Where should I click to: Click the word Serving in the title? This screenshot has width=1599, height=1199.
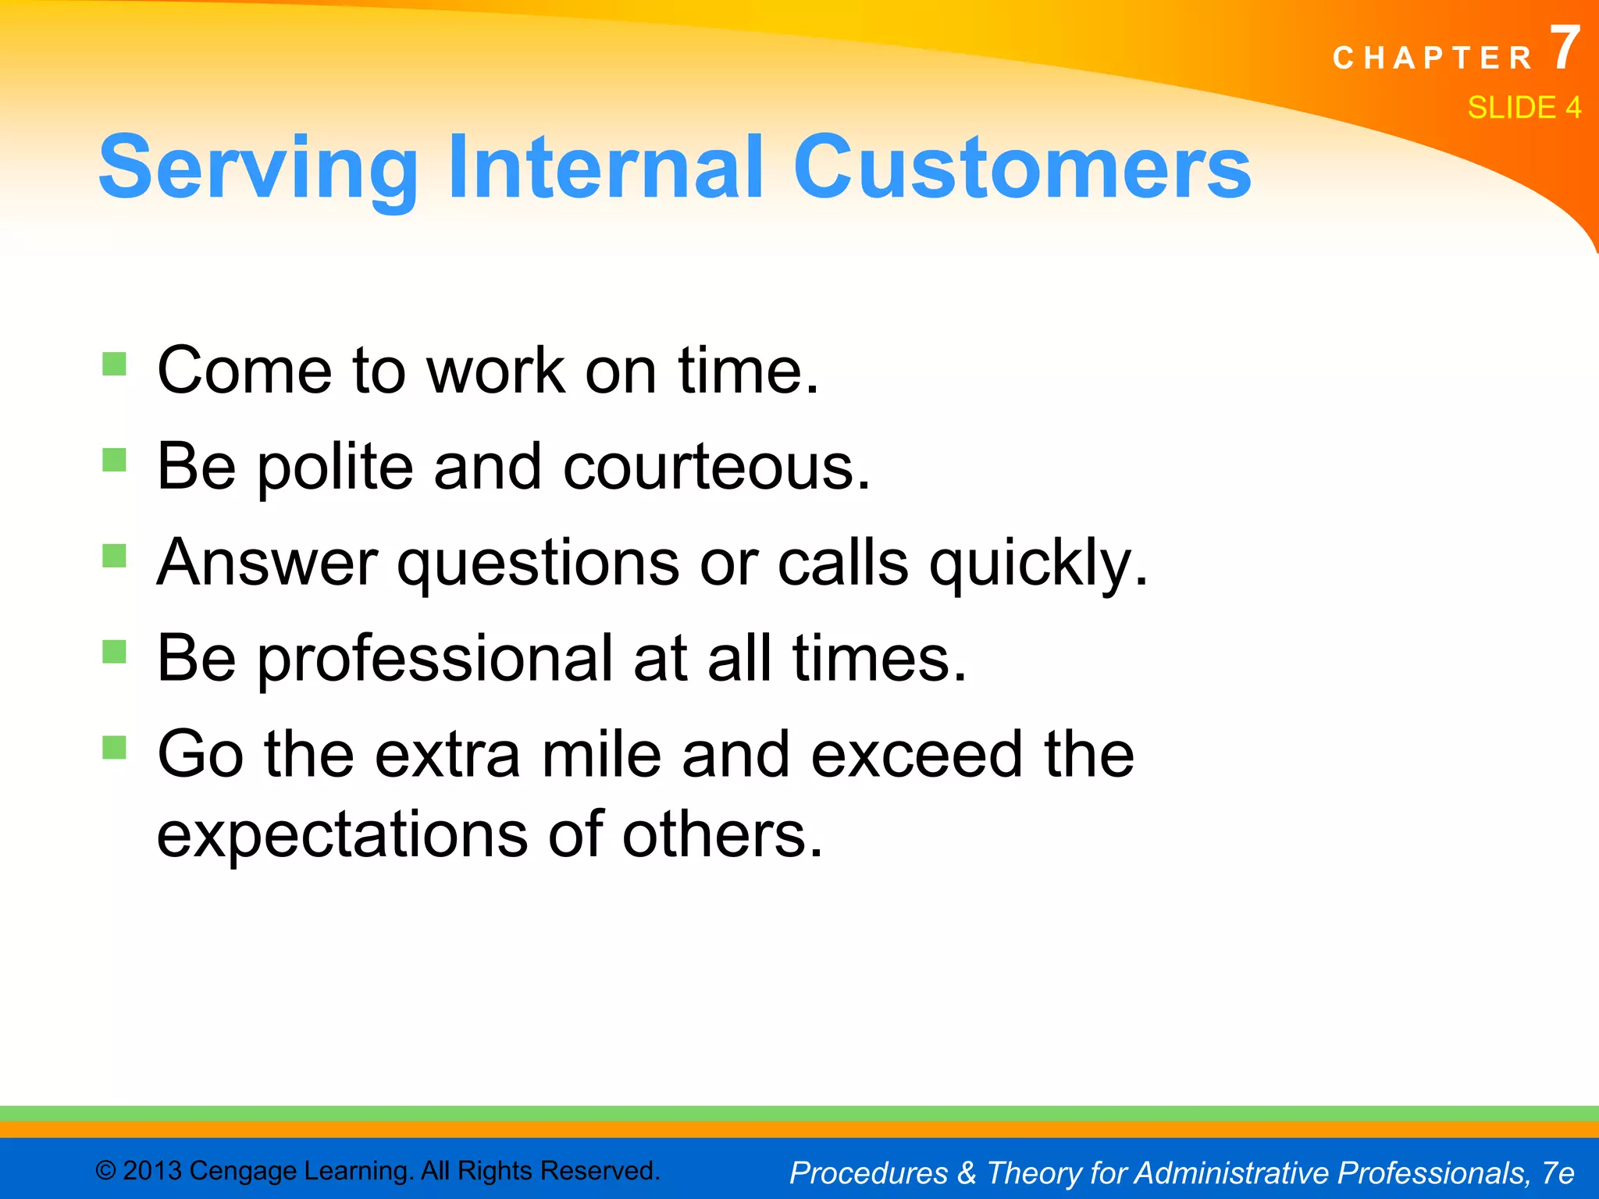click(x=258, y=167)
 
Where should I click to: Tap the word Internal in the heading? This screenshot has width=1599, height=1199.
click(x=605, y=167)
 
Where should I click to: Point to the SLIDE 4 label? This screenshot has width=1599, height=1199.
click(x=1523, y=108)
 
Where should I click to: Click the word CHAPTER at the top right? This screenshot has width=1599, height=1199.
click(x=1433, y=59)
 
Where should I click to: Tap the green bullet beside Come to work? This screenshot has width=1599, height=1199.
click(x=114, y=365)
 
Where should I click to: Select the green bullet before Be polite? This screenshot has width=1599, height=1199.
click(x=114, y=461)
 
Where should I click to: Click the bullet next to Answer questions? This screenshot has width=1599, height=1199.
click(x=114, y=557)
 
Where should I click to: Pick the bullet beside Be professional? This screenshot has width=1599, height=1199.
click(x=114, y=652)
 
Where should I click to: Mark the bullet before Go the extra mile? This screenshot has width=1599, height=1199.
click(x=114, y=748)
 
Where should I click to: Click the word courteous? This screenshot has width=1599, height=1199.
click(x=716, y=467)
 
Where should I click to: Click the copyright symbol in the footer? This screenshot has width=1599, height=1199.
click(x=105, y=1171)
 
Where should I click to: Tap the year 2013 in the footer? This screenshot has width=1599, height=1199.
click(x=152, y=1171)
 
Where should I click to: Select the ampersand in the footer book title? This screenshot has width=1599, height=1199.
click(x=967, y=1172)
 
